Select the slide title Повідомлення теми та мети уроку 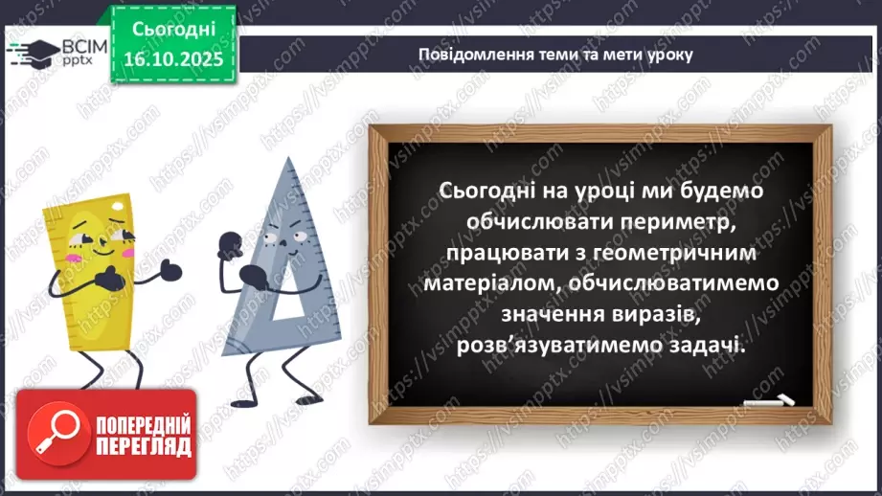point(554,55)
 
